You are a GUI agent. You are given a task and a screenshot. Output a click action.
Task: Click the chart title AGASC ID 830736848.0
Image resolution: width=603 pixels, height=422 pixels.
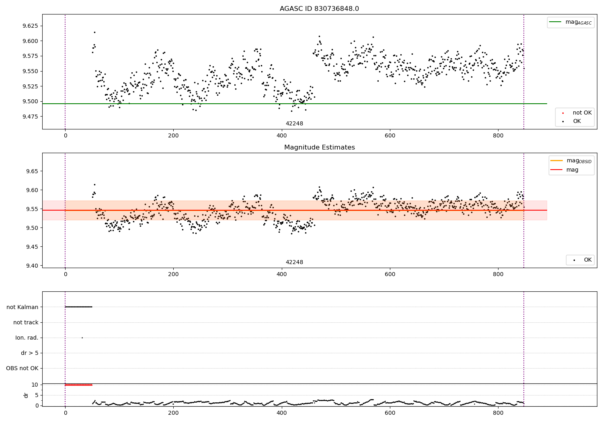pyautogui.click(x=319, y=9)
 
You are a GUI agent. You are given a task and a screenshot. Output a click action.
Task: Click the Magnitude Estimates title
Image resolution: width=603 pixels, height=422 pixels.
pyautogui.click(x=319, y=147)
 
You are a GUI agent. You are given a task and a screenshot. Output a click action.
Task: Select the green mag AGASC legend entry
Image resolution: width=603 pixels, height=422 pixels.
pyautogui.click(x=570, y=22)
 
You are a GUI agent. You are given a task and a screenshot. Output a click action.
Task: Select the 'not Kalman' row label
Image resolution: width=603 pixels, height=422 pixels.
pyautogui.click(x=23, y=307)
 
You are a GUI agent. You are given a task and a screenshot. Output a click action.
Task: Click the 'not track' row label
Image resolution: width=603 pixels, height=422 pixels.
pyautogui.click(x=26, y=322)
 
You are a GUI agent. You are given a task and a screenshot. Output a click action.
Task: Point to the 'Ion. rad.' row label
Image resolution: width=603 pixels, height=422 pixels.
pyautogui.click(x=27, y=338)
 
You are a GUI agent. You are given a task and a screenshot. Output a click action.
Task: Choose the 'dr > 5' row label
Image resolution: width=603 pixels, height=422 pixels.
pyautogui.click(x=30, y=353)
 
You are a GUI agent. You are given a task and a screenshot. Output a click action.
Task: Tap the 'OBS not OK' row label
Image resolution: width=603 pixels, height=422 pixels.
pyautogui.click(x=22, y=368)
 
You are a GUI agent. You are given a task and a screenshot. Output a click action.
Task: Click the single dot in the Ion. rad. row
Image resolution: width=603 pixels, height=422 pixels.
pyautogui.click(x=82, y=338)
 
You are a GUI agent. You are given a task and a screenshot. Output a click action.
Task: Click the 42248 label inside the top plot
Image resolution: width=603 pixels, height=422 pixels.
pyautogui.click(x=294, y=124)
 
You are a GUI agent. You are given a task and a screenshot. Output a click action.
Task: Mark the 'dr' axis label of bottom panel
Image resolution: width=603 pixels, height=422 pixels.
pyautogui.click(x=26, y=395)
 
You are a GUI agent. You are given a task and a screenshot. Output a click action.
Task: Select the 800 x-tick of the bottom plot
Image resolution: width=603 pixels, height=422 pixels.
pyautogui.click(x=498, y=412)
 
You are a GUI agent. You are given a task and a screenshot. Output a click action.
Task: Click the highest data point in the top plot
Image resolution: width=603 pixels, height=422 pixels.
pyautogui.click(x=94, y=32)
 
